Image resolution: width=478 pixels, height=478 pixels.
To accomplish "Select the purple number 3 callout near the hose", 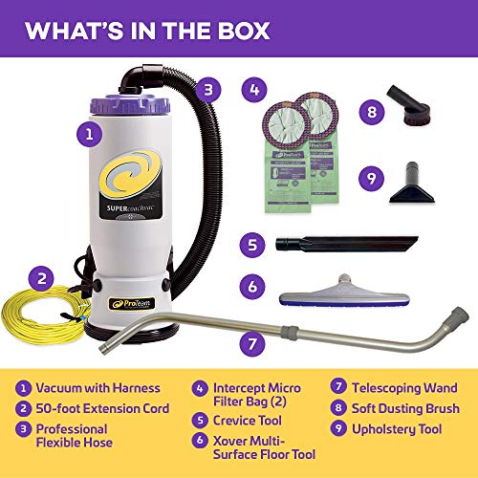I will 210,89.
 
